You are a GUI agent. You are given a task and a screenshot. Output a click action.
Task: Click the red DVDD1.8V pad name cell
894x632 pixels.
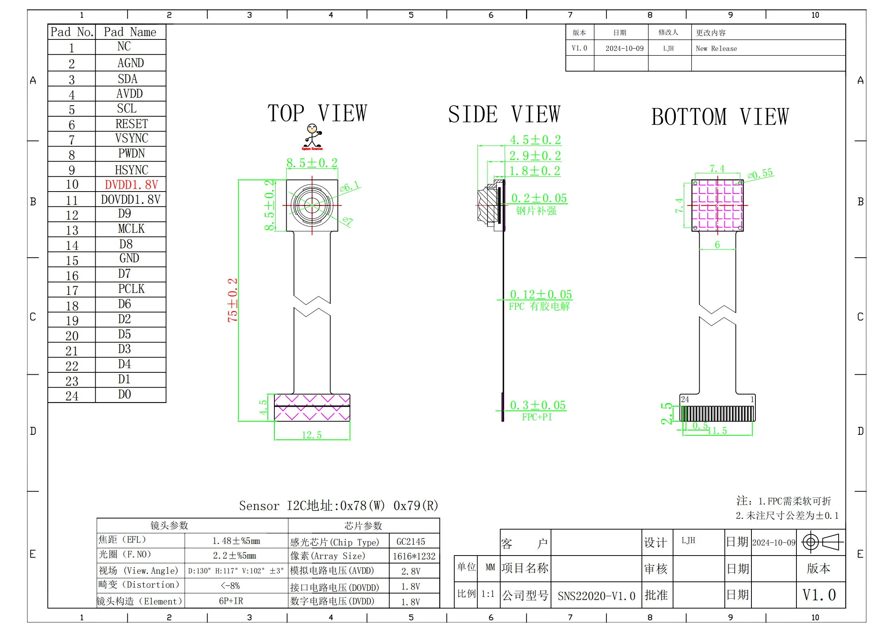click(x=131, y=185)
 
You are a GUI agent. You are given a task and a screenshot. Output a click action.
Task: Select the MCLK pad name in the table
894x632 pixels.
click(x=131, y=229)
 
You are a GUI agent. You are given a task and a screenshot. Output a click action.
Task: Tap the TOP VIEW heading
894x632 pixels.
click(x=317, y=113)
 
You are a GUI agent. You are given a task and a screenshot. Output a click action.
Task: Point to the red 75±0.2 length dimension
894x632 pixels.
click(x=233, y=300)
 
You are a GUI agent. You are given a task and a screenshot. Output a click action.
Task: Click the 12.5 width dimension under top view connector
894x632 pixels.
click(x=311, y=435)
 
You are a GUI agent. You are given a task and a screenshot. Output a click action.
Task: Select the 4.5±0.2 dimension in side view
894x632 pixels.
click(x=535, y=140)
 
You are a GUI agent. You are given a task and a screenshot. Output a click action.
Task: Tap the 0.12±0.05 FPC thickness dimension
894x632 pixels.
click(x=541, y=295)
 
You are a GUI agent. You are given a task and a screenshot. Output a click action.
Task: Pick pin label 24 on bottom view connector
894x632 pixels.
click(x=685, y=399)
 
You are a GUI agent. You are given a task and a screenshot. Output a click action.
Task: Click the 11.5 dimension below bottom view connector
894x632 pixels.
click(x=717, y=431)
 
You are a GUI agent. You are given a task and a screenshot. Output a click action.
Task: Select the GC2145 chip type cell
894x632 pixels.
click(x=411, y=542)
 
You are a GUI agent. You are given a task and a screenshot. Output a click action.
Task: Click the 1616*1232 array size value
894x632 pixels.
click(x=414, y=556)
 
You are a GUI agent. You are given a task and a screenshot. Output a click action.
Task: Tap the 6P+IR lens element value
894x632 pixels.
click(x=231, y=601)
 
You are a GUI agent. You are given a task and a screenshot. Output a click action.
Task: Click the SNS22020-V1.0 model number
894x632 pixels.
click(x=596, y=596)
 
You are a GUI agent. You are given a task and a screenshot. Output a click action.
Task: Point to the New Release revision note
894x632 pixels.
click(x=716, y=49)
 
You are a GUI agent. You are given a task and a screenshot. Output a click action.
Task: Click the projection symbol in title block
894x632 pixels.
click(x=822, y=542)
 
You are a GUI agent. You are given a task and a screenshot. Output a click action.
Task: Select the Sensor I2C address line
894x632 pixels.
click(x=338, y=506)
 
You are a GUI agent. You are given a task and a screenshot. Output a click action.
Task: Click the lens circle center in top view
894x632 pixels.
click(x=312, y=205)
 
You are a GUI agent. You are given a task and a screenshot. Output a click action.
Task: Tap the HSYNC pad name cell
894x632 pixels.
click(x=131, y=170)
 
